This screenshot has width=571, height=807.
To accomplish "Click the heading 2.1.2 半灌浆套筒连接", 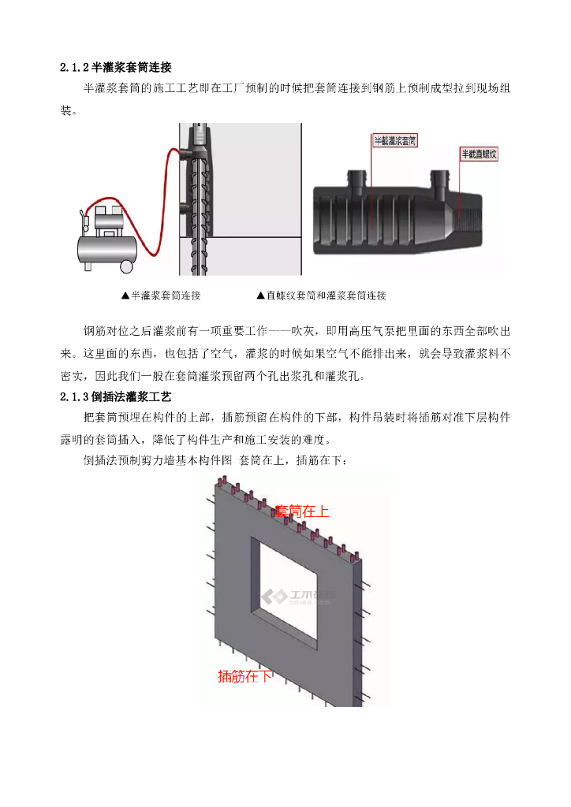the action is pyautogui.click(x=116, y=67).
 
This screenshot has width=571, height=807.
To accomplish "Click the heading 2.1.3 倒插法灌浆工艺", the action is pyautogui.click(x=116, y=397).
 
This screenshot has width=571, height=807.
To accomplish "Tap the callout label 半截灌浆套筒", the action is pyautogui.click(x=395, y=140).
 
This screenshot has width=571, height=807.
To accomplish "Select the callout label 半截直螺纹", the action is pyautogui.click(x=479, y=154).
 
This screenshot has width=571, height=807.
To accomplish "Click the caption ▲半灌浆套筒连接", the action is pyautogui.click(x=161, y=296).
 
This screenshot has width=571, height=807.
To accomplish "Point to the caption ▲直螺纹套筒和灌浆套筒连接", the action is pyautogui.click(x=321, y=296).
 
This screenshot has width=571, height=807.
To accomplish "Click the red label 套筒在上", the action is pyautogui.click(x=302, y=511).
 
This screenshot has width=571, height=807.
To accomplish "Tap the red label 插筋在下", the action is pyautogui.click(x=244, y=676).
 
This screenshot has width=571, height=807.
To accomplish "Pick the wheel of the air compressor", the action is pyautogui.click(x=126, y=266).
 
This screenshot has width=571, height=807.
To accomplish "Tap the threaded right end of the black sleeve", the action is pyautogui.click(x=469, y=223).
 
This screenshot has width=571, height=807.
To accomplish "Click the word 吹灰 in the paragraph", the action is pyautogui.click(x=302, y=331).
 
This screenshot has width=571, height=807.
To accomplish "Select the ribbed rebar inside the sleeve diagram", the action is pyautogui.click(x=197, y=216).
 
